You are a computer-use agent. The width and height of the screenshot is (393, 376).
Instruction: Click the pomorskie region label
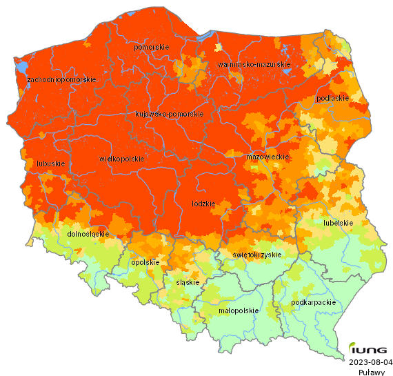[152, 47]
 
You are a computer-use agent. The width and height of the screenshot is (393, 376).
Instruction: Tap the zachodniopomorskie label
[61, 80]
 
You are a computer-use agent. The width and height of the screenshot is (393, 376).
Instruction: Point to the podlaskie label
[332, 99]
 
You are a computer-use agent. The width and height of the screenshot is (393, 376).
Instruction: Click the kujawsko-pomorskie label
[169, 114]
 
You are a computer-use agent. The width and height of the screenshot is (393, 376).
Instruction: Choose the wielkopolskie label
[122, 159]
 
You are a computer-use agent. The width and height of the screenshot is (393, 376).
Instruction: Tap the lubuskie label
[51, 164]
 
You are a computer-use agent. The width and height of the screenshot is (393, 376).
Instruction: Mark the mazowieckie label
[267, 157]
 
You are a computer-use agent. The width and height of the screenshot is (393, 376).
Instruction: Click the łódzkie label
[203, 204]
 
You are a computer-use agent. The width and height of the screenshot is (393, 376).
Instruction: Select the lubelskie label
[339, 223]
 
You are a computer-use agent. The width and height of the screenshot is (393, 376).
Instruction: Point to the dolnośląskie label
[88, 234]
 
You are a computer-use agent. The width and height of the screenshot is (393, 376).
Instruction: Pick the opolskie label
[145, 262]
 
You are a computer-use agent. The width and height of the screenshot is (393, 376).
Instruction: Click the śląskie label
[188, 282]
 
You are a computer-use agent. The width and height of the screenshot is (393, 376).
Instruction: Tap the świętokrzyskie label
[257, 255]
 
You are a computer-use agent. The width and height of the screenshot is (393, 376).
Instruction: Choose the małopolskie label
[239, 310]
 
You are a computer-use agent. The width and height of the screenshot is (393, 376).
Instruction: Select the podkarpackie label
[314, 302]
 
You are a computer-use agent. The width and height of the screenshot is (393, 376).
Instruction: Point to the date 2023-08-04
[371, 362]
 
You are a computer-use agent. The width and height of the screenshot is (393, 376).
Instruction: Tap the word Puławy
[371, 372]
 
